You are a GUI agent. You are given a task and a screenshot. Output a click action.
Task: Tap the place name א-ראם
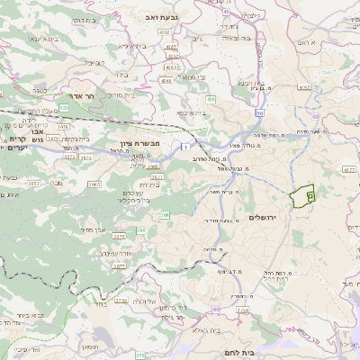[312, 42]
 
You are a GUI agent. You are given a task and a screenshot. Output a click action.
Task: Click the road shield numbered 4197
[304, 88]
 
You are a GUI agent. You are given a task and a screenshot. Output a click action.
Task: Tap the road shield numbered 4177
[350, 168]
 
